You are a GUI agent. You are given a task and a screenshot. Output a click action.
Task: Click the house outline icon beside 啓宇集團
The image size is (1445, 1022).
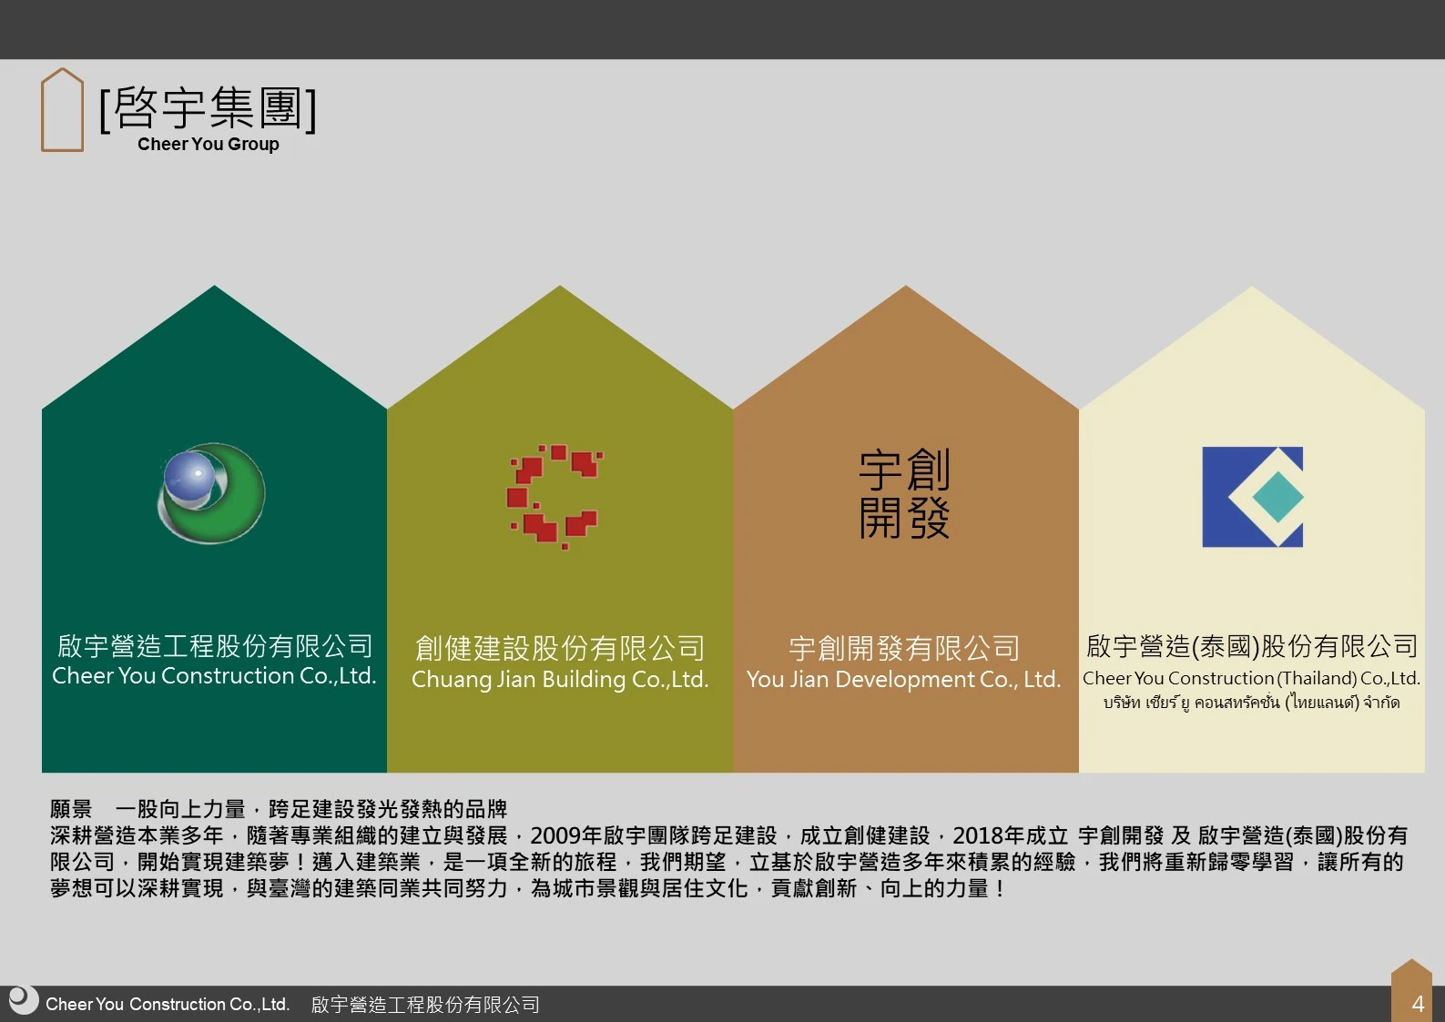43,109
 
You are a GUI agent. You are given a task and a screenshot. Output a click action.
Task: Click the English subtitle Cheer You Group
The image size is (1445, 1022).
208,144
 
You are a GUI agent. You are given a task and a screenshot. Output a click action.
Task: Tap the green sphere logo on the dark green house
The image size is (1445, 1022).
211,493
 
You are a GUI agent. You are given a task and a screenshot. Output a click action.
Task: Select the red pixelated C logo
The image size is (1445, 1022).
555,497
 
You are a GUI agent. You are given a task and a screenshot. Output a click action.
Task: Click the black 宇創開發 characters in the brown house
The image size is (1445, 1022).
904,494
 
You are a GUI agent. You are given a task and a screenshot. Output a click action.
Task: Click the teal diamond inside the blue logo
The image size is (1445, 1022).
1278,497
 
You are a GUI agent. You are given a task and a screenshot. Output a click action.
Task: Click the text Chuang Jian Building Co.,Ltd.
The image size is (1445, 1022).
560,679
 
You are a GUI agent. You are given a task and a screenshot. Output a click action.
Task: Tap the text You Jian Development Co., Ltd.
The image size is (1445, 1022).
904,679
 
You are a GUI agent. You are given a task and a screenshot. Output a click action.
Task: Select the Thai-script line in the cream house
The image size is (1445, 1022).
1251,703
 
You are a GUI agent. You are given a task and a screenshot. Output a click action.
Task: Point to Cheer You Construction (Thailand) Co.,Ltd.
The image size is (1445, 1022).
1251,678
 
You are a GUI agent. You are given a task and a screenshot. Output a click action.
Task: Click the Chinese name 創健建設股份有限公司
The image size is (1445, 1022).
560,648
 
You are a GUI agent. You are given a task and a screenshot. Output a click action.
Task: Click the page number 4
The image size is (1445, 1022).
1418,1003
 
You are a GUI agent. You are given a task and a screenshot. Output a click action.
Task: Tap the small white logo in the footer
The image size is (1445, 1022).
24,1000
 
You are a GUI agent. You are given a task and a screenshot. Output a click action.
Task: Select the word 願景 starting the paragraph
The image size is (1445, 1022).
71,809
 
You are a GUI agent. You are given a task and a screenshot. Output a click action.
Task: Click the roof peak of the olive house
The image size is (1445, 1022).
560,286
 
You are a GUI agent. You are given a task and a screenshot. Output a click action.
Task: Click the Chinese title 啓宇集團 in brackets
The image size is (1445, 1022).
208,107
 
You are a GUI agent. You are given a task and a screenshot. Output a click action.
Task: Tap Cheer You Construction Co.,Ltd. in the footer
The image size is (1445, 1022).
168,1004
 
